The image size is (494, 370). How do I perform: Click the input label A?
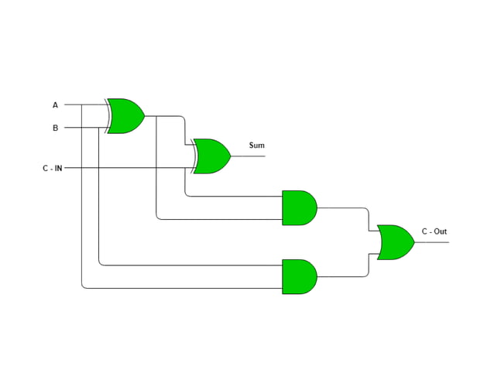click(55, 104)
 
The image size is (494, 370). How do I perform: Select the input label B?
click(55, 128)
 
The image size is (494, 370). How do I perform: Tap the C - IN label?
click(53, 168)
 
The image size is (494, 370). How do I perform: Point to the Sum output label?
click(256, 146)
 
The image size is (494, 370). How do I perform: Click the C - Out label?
click(434, 231)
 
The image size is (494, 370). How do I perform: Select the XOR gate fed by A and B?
click(126, 116)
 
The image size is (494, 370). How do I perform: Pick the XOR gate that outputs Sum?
click(212, 156)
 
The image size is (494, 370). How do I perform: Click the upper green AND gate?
click(299, 207)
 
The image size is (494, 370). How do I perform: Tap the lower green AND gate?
click(299, 276)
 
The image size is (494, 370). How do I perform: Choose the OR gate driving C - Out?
click(395, 242)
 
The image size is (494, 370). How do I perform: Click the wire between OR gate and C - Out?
click(431, 242)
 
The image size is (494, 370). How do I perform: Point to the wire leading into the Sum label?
click(248, 156)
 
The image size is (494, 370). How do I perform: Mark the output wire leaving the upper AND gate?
click(341, 207)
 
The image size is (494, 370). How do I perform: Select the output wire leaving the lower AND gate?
click(341, 276)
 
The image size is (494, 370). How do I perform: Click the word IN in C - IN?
click(58, 168)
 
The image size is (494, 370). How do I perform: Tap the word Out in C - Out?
click(440, 231)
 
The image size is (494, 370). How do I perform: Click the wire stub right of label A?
click(73, 104)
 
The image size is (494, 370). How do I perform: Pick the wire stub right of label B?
click(73, 128)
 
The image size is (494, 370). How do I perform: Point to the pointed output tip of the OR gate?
click(413, 242)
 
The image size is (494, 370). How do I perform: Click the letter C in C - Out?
click(424, 231)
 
